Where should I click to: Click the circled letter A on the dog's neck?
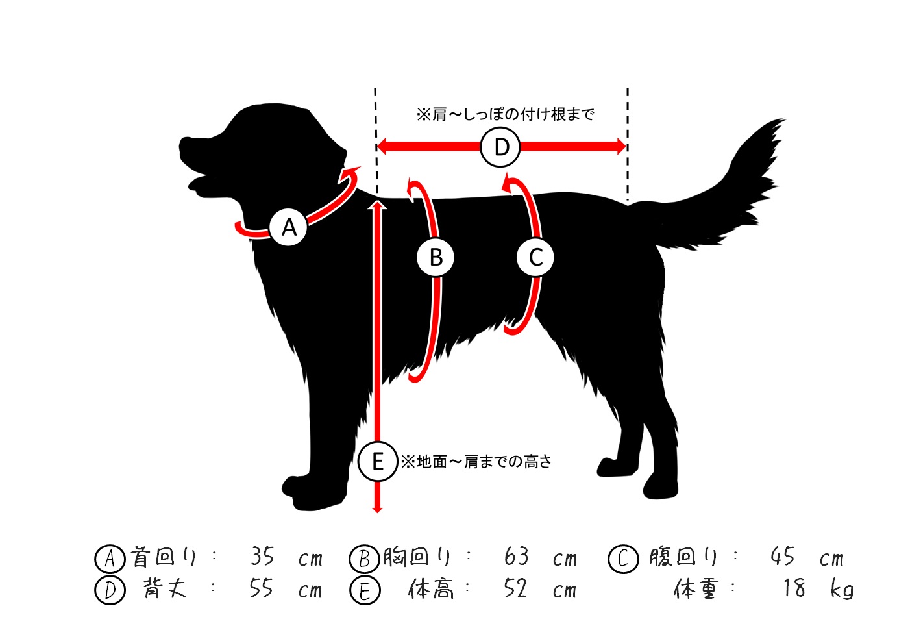[289, 227]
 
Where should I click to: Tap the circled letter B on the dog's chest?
[436, 257]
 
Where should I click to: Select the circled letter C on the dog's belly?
[535, 257]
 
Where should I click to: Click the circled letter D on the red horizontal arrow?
[500, 147]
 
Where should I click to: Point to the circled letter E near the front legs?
[378, 461]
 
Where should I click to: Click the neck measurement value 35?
[262, 557]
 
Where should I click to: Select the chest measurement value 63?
[516, 557]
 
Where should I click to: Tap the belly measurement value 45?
[783, 557]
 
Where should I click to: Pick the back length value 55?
[261, 588]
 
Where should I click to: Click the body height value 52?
[515, 588]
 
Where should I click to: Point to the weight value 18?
[794, 588]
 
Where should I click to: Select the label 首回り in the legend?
[163, 557]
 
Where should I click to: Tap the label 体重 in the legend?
[696, 589]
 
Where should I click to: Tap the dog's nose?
[182, 142]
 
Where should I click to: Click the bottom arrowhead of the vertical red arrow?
[377, 510]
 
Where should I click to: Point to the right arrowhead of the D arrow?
[621, 147]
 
